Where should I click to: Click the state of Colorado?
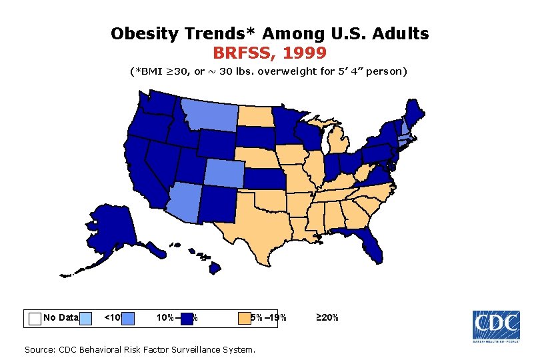[x=226, y=175]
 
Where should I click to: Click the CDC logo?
[x=496, y=327]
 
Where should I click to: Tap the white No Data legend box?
[x=35, y=318]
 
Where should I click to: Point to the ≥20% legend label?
[x=327, y=318]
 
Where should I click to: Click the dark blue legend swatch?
[x=187, y=318]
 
